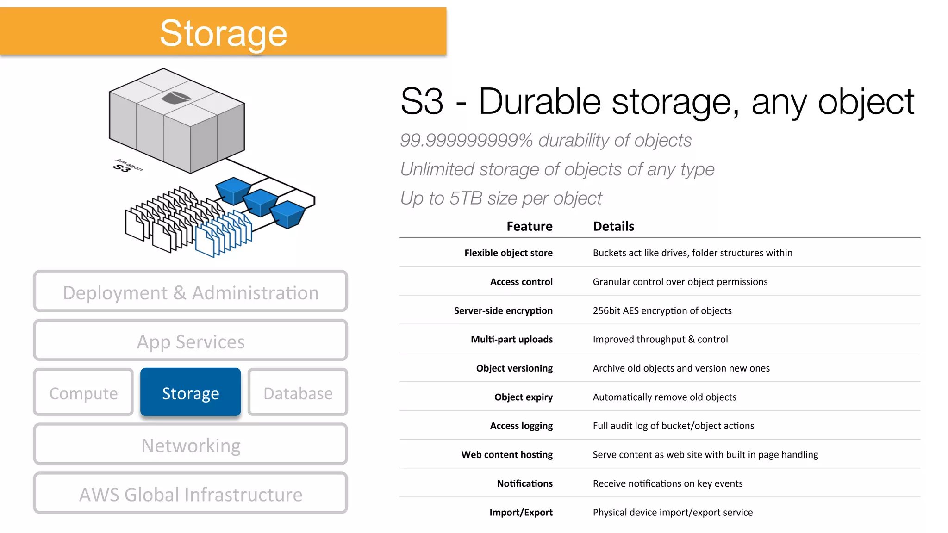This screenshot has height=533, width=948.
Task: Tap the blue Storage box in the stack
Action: coord(190,392)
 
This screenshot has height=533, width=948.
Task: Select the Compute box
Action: coord(83,392)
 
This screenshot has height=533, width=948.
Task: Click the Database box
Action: coord(298,392)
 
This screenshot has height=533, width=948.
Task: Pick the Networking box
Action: coord(190,445)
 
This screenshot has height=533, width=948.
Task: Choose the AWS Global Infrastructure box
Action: coord(190,494)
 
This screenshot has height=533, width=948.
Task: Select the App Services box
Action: coord(190,341)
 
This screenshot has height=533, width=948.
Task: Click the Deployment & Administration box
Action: coord(190,292)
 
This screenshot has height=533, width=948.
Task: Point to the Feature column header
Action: coord(529,226)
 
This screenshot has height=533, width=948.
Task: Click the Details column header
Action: coord(613,226)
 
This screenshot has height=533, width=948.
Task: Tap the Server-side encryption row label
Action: coord(503,310)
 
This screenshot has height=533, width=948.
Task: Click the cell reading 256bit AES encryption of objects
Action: coord(662,310)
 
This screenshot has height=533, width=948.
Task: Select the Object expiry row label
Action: coord(523,397)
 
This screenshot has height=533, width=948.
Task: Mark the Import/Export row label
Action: coord(521,512)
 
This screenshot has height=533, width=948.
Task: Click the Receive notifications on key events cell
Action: coord(667,483)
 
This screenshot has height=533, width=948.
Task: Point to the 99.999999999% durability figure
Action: coord(467,140)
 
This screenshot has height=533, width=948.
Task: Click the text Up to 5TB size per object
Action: coord(501,198)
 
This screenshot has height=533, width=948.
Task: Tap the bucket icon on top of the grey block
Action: coord(176,97)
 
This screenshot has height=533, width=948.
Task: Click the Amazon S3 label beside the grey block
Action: coord(127,166)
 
